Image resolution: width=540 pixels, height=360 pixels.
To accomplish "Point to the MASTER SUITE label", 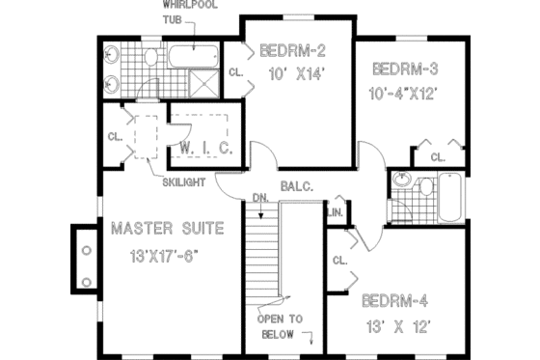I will (x=167, y=229).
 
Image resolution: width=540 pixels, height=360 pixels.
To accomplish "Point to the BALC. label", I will (x=297, y=185).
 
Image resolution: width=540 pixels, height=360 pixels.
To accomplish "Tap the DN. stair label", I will (x=260, y=199).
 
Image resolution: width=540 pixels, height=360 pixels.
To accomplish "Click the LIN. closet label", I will (x=337, y=211).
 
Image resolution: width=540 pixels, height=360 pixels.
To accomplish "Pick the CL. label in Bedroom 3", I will (x=437, y=155).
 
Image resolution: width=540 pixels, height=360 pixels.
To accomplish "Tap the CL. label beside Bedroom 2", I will (x=236, y=72).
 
